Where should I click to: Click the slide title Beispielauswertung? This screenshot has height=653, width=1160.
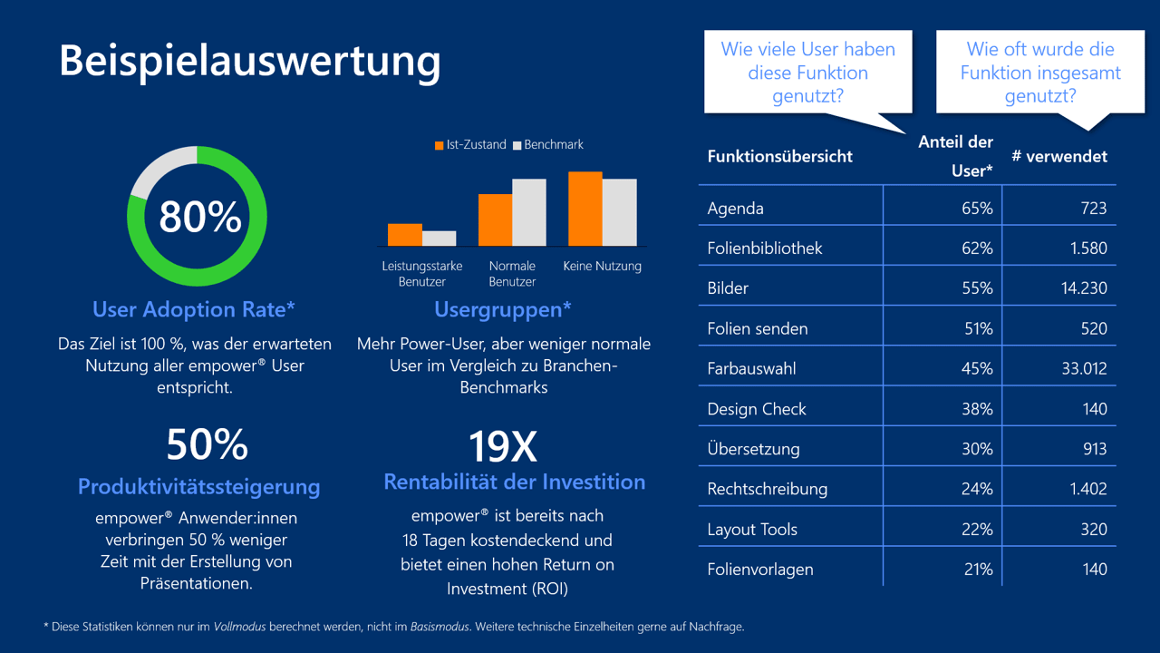click(x=249, y=61)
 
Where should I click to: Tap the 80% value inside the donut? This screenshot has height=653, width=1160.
click(x=199, y=217)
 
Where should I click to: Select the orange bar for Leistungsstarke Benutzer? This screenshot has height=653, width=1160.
click(x=404, y=235)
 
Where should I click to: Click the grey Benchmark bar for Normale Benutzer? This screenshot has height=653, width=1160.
click(x=529, y=212)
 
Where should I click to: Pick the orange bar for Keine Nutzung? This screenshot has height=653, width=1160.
click(x=585, y=209)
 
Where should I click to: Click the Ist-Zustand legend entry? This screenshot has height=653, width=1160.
click(x=470, y=145)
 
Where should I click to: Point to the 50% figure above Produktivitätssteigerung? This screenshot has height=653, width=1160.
click(x=207, y=445)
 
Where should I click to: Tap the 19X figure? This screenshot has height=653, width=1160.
click(x=502, y=446)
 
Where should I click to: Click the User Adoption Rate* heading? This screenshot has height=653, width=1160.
click(x=194, y=310)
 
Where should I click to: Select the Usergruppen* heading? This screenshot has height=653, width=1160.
click(x=503, y=310)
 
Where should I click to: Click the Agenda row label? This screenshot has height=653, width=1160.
click(x=735, y=209)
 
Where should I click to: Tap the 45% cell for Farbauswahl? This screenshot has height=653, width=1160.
click(x=977, y=369)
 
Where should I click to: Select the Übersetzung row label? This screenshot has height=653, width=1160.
click(x=753, y=449)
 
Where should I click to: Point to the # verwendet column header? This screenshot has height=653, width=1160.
click(x=1059, y=157)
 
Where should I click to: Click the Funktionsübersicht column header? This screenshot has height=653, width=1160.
click(x=779, y=157)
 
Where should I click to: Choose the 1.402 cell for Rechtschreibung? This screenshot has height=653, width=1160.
click(x=1087, y=489)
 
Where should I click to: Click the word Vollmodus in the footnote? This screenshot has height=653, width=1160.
click(x=241, y=627)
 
